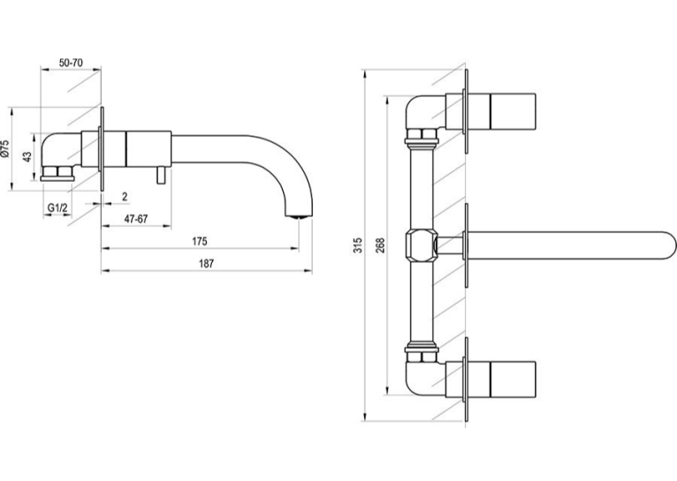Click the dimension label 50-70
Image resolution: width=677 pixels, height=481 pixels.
[x=71, y=63]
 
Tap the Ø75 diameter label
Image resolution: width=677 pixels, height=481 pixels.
[x=5, y=148]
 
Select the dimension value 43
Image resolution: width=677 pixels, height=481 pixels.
[x=27, y=156]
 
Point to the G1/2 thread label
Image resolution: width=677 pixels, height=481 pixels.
[x=57, y=207]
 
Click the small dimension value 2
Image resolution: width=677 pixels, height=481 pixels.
[x=125, y=197]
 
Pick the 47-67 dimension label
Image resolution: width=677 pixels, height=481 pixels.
[x=136, y=219]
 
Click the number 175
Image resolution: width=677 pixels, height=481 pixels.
[x=200, y=241]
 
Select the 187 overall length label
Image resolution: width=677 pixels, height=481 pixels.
[x=207, y=264]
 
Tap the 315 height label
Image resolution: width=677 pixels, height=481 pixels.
[x=358, y=245]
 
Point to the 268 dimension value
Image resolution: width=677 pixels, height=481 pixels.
[x=380, y=245]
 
